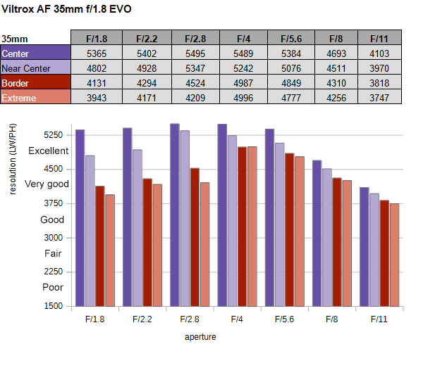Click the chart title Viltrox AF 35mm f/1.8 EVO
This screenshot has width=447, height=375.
point(66,9)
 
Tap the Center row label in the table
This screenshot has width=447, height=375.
point(36,53)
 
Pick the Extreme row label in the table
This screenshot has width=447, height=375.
point(36,98)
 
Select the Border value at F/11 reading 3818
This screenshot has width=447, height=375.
point(379,83)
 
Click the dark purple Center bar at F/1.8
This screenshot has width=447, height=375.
point(80,217)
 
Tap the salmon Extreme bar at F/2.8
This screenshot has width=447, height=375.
point(205,244)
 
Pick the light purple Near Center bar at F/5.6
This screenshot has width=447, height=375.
point(279,224)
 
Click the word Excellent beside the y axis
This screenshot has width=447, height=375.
point(48,151)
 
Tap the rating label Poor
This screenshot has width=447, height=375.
point(53,288)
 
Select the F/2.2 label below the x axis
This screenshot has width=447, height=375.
point(143,319)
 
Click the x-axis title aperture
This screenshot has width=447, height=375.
point(200,337)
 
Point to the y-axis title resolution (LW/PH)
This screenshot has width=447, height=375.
point(13,158)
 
